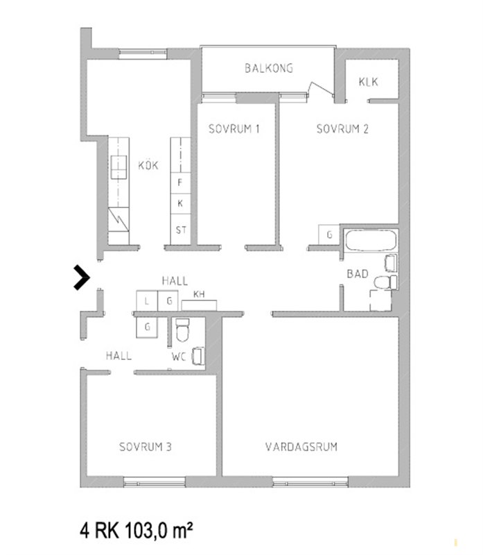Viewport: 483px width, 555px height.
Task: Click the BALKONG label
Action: click(x=269, y=68)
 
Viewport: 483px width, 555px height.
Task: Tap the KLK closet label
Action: click(x=368, y=82)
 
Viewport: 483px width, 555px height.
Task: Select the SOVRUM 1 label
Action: click(x=234, y=129)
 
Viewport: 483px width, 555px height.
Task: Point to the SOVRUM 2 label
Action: click(x=342, y=129)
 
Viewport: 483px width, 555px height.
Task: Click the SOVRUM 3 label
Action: click(x=146, y=447)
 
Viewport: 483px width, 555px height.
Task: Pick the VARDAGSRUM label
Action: click(x=301, y=447)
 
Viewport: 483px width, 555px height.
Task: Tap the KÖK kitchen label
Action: click(x=148, y=165)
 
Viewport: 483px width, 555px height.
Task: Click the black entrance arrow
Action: click(x=82, y=277)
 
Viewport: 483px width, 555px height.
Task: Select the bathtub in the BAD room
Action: click(x=370, y=241)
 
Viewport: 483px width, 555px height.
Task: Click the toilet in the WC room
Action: click(x=182, y=330)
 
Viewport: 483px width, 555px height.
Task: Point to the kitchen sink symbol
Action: click(x=118, y=167)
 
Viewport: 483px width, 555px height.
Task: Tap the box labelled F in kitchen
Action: click(x=180, y=182)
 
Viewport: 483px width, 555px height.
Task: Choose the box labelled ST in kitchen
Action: click(x=180, y=230)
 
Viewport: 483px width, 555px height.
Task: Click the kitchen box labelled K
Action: click(x=180, y=203)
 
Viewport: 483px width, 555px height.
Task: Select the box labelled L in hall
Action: click(x=147, y=301)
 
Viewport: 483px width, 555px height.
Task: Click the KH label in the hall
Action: click(x=199, y=294)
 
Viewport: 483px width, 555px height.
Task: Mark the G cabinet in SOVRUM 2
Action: click(x=329, y=234)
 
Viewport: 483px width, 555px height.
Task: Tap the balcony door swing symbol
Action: click(x=320, y=89)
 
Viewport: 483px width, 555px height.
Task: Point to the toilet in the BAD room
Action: click(x=385, y=282)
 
